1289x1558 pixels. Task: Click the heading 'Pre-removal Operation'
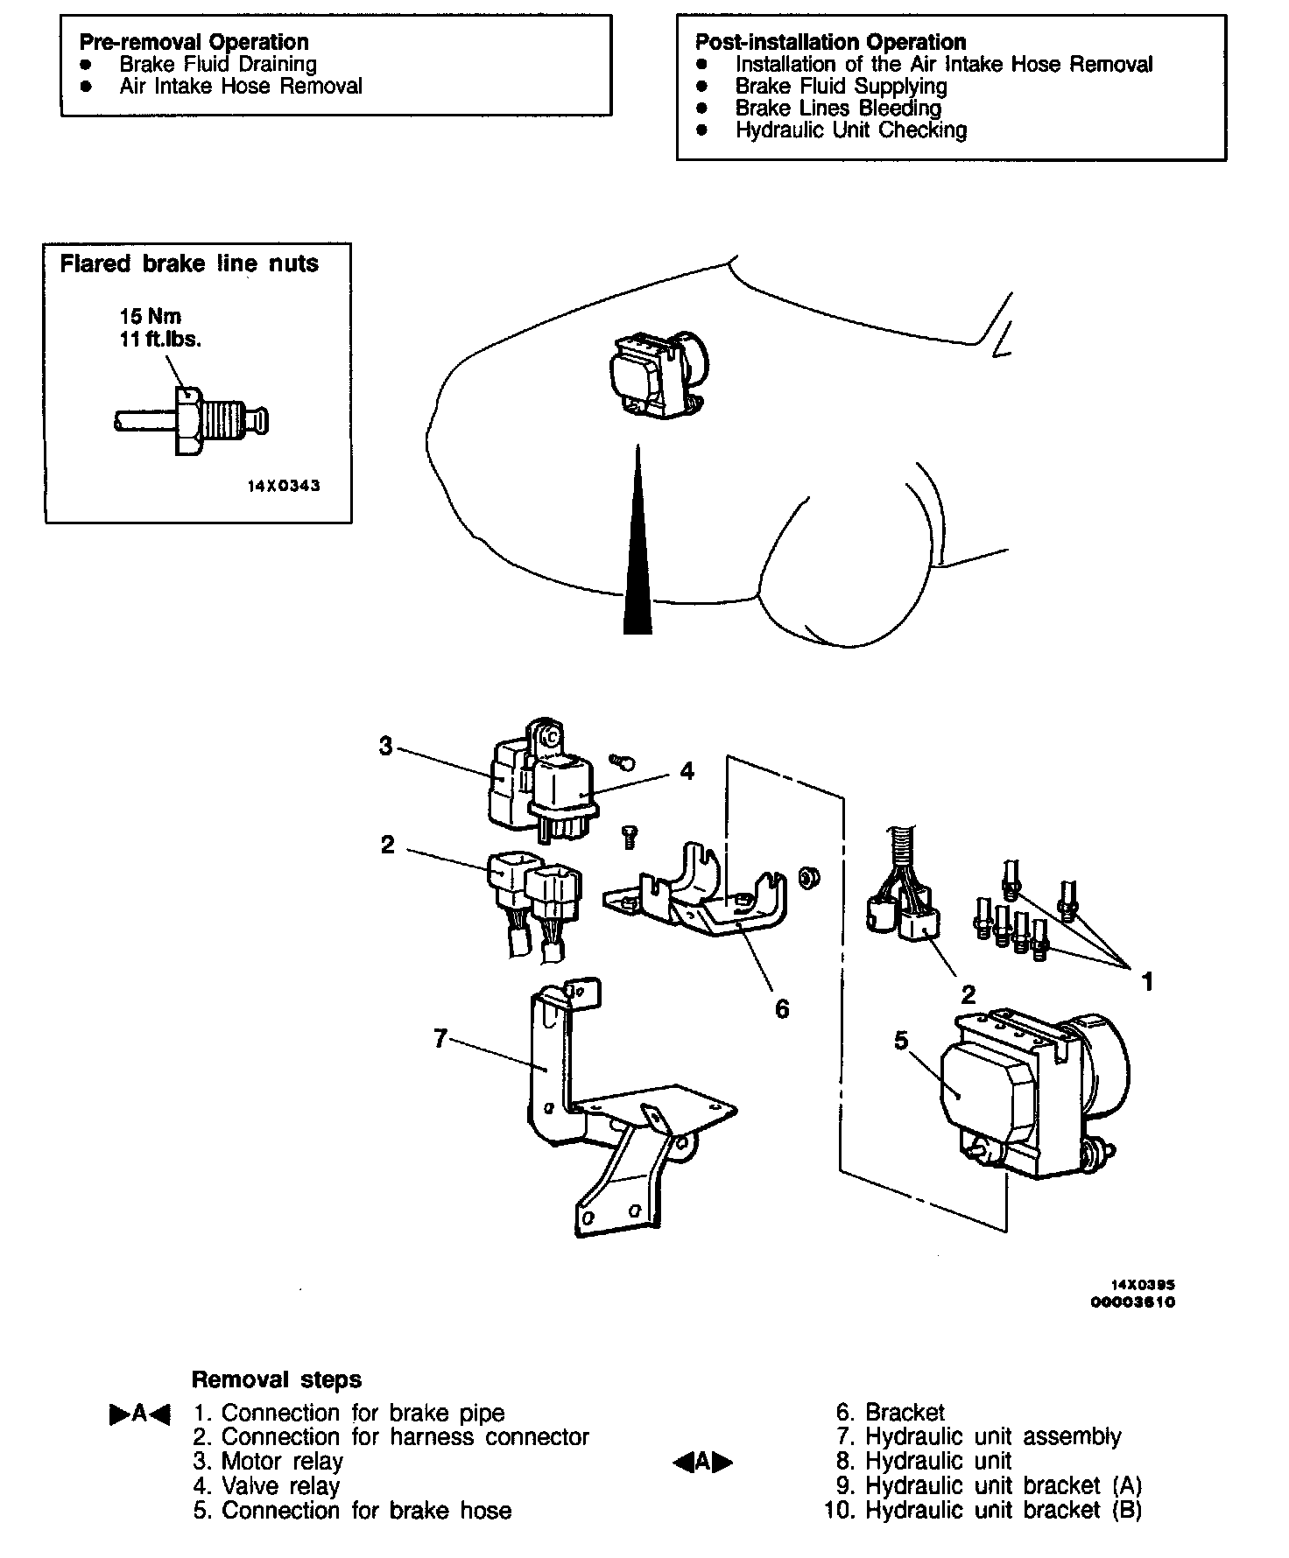pos(194,42)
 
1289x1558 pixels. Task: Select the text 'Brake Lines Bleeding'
pos(838,109)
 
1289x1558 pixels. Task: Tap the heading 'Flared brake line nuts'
pos(189,263)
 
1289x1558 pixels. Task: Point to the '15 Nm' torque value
pos(151,317)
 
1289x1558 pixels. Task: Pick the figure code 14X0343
pos(283,486)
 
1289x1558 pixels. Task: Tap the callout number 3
pos(386,746)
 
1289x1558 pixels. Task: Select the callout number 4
pos(687,771)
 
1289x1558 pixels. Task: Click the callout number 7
pos(440,1038)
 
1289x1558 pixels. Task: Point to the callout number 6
pos(782,1009)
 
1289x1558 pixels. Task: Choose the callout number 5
pos(902,1040)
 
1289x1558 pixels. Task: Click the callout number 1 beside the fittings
pos(1147,982)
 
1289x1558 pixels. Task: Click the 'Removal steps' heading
pos(276,1380)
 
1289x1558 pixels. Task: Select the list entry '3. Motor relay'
pos(268,1461)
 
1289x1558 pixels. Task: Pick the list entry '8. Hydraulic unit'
pos(925,1461)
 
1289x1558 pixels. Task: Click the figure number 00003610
pos(1132,1302)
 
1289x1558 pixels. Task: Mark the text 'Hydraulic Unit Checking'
pos(850,130)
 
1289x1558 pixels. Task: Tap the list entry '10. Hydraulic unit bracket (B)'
pos(983,1510)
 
